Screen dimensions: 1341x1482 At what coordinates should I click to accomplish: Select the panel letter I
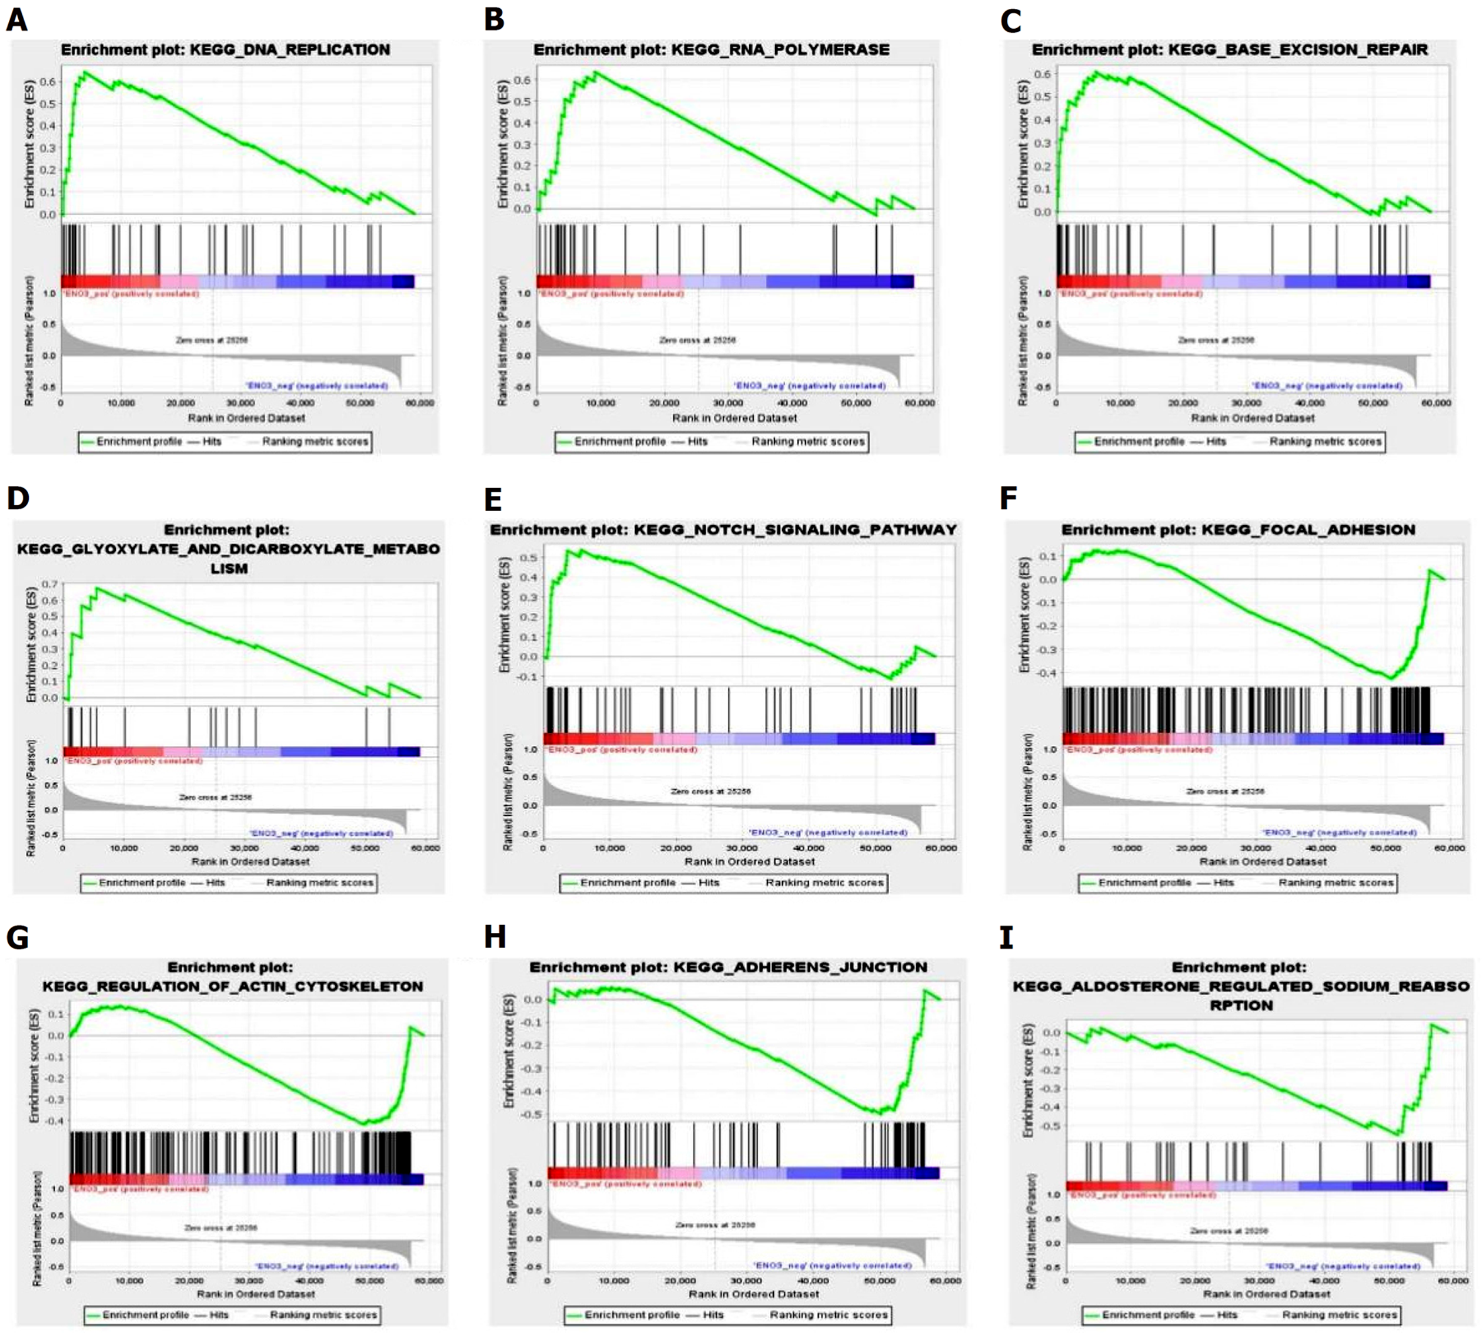pos(1006,938)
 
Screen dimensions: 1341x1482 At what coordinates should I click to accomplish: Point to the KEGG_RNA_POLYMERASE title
pos(711,50)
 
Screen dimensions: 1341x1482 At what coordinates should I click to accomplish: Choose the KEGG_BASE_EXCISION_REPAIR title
pos(1229,50)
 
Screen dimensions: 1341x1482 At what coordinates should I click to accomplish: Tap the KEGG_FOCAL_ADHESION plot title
pos(1238,529)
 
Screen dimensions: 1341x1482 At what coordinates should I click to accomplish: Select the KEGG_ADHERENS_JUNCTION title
pos(728,968)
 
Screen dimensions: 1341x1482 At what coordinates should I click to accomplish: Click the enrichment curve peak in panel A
pos(85,72)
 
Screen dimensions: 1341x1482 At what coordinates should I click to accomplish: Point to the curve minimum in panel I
pos(1398,1135)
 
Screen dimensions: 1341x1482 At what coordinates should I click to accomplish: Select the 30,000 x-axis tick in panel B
pos(728,403)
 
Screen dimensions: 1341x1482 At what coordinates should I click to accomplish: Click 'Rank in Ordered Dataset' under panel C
pos(1253,418)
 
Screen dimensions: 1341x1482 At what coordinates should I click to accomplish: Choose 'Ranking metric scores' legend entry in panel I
pos(1340,1315)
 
